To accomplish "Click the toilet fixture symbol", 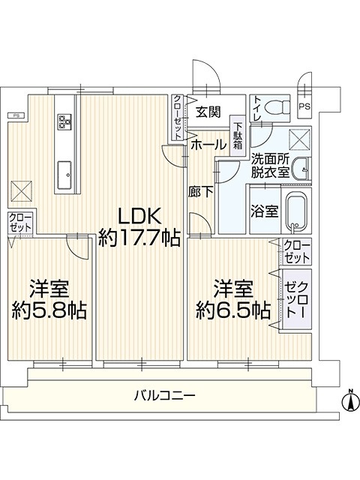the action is coord(277,108).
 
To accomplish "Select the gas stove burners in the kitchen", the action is coord(65,121).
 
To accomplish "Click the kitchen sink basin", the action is coord(64,175).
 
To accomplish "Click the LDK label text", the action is coord(139,217).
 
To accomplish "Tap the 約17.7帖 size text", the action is coord(139,238).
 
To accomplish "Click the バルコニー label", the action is coord(165,396).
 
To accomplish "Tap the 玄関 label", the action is coord(208,112).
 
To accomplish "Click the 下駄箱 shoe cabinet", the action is coord(238,136).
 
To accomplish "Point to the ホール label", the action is coord(208,145).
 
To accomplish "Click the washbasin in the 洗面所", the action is coord(301,169).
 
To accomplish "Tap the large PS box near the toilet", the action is coord(304,106).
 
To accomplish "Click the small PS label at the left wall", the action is coord(16,115).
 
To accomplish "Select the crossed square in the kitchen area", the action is coord(22,191).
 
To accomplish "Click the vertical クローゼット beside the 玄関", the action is coord(178,117).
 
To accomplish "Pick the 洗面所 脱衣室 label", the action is coord(270,166).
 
